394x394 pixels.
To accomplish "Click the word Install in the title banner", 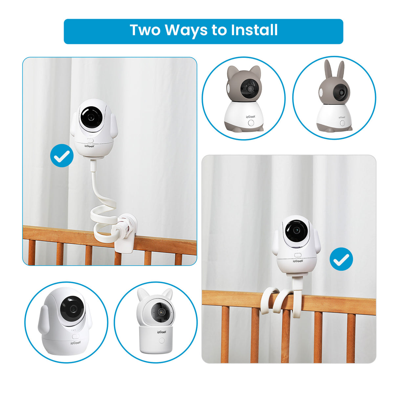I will tap(254, 30).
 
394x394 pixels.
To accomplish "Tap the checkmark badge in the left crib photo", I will tap(62, 156).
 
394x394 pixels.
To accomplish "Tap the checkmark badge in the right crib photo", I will tap(341, 259).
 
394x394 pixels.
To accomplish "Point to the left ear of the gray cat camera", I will tap(232, 72).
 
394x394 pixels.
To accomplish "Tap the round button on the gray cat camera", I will tap(252, 123).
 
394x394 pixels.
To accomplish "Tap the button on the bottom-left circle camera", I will tap(75, 337).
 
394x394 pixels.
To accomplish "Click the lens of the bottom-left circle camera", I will tap(72, 308).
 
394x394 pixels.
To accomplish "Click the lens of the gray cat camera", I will tap(251, 89).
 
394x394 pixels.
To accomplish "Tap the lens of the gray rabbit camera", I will tap(341, 92).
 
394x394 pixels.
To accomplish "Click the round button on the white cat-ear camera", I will tap(161, 340).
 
